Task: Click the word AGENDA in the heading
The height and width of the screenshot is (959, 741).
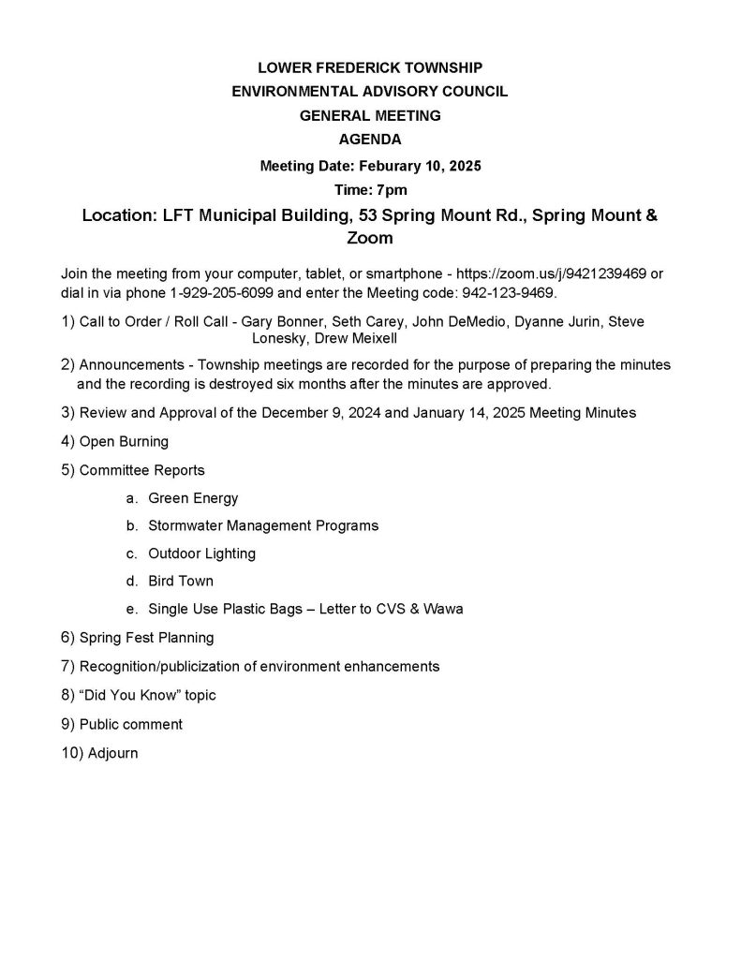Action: [370, 140]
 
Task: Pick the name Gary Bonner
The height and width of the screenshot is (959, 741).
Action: [280, 321]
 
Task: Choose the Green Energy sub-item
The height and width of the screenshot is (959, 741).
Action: [193, 498]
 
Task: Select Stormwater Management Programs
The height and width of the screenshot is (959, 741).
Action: [263, 525]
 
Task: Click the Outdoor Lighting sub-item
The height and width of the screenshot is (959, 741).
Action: [201, 553]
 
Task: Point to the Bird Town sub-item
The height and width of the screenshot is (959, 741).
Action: [181, 582]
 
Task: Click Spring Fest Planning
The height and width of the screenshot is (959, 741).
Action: [146, 638]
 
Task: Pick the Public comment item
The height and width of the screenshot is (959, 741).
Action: [131, 724]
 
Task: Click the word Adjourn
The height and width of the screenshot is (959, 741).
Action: [112, 752]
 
